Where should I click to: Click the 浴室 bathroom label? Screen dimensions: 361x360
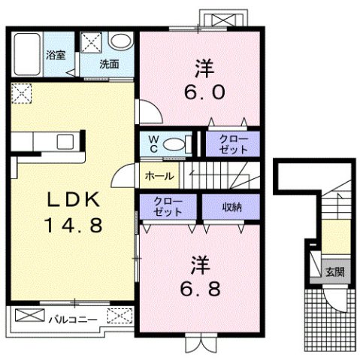56,54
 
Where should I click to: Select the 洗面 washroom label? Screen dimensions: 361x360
110,64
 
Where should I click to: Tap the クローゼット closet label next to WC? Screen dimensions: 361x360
232,143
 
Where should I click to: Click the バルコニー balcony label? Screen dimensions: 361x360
73,320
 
